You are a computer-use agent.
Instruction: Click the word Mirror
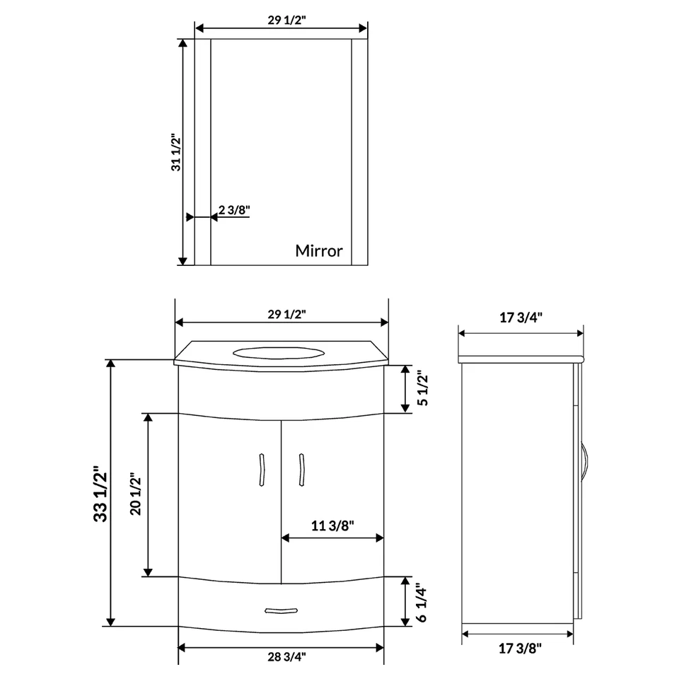[319, 250]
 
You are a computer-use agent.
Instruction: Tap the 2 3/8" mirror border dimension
[234, 210]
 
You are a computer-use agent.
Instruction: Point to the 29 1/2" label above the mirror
[281, 20]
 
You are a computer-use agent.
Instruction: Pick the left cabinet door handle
[262, 469]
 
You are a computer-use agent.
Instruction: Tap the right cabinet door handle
[302, 469]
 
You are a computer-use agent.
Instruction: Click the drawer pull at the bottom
[281, 610]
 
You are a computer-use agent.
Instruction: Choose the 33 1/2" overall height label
[100, 493]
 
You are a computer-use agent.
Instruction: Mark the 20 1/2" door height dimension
[137, 494]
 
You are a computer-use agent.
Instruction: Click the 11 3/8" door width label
[332, 525]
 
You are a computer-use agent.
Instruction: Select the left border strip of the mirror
[203, 152]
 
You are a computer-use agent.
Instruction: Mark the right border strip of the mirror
[359, 152]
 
